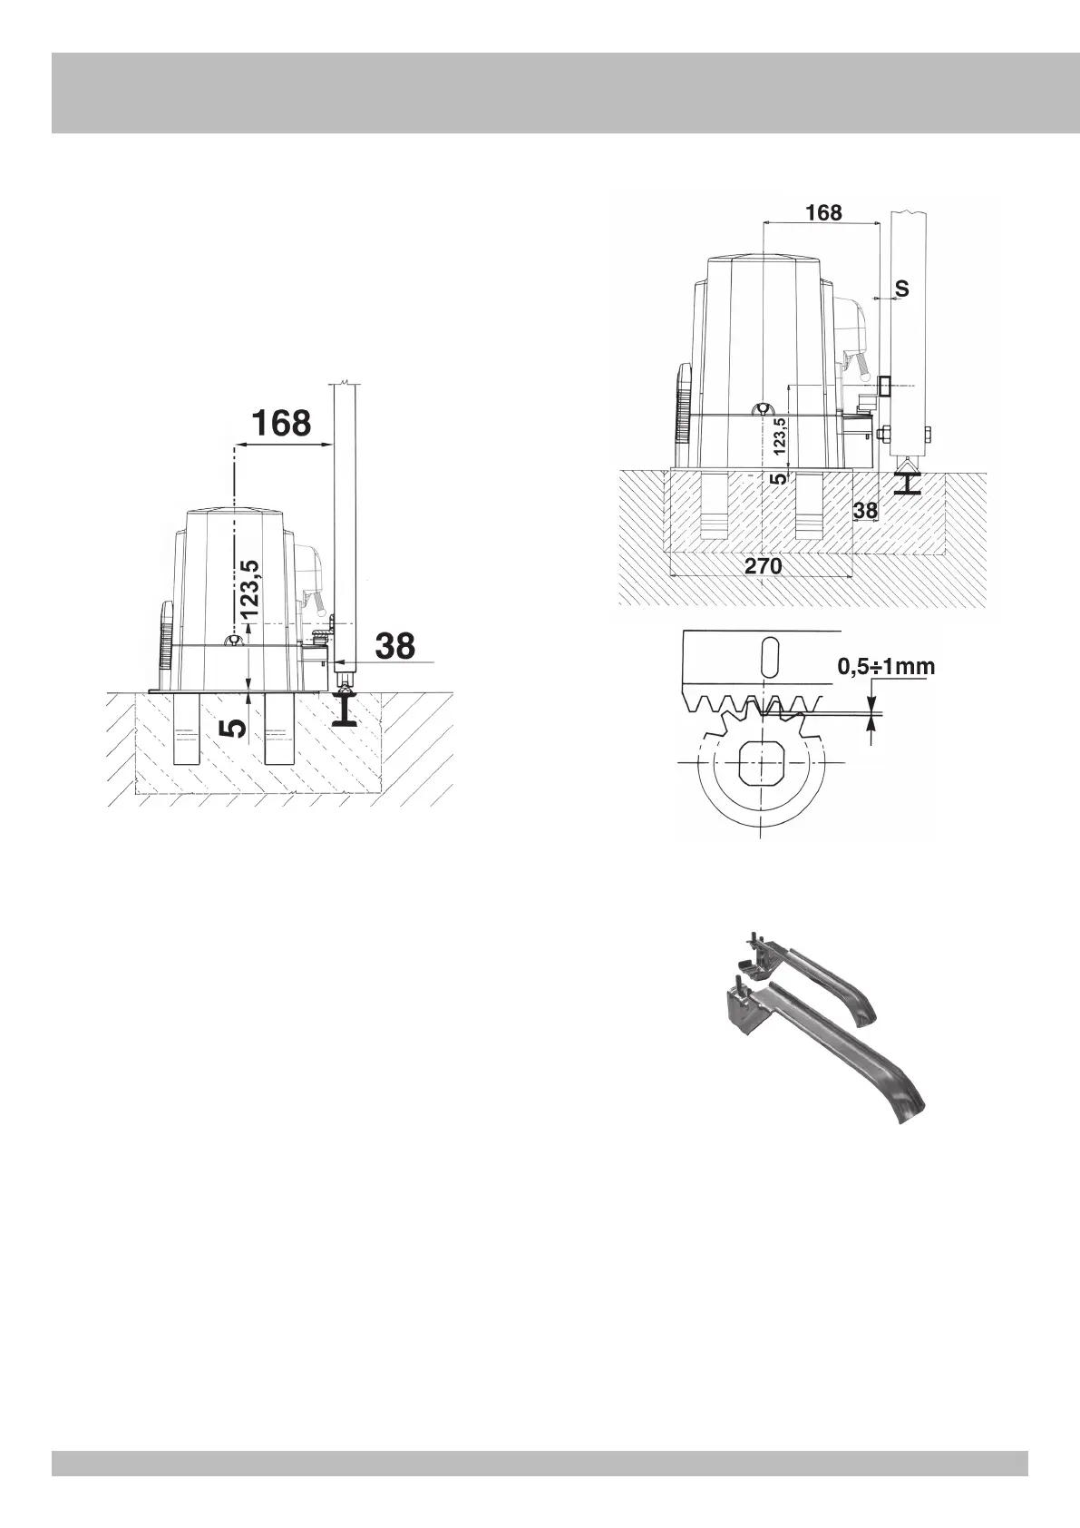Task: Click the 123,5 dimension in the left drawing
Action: (x=250, y=589)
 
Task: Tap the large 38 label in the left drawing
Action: (x=395, y=645)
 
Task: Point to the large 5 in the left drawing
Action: (x=234, y=728)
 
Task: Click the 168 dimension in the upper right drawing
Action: (x=823, y=212)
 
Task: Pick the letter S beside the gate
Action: (x=901, y=289)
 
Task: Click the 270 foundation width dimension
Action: (x=763, y=565)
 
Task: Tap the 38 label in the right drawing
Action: (x=865, y=510)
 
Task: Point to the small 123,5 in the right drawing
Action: (x=780, y=436)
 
